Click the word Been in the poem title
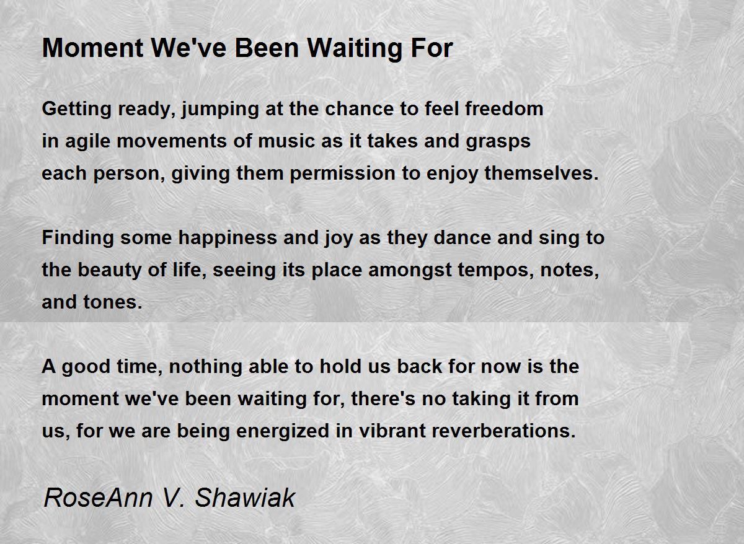tap(267, 48)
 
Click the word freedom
tap(504, 108)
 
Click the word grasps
tap(498, 142)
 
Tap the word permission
tap(342, 173)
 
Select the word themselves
tap(541, 173)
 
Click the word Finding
tap(77, 238)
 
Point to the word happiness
tap(228, 238)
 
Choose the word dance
tap(462, 238)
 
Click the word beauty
tap(109, 270)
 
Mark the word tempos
tap(495, 271)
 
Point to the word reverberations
tap(467, 431)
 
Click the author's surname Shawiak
tap(245, 498)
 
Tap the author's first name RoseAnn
tap(98, 498)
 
